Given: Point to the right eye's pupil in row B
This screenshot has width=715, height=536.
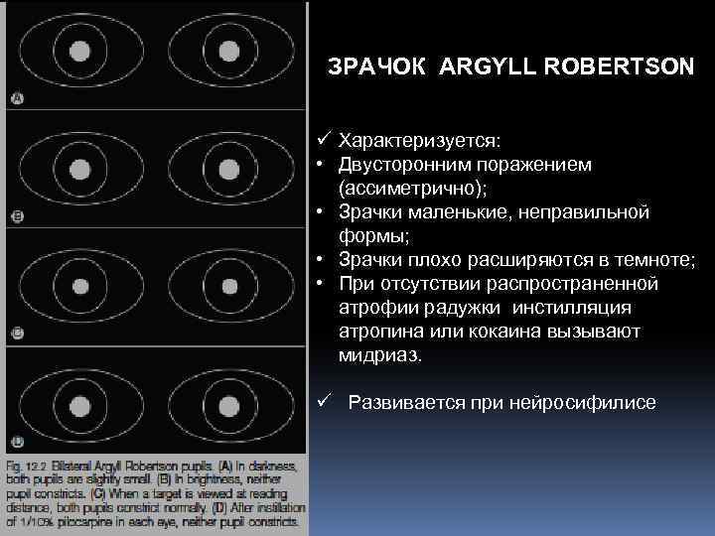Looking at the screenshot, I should (229, 166).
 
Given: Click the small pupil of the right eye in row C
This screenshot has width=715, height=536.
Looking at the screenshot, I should (229, 285).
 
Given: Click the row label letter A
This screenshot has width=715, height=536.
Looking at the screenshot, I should (16, 97).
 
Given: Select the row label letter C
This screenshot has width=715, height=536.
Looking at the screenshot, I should (16, 332).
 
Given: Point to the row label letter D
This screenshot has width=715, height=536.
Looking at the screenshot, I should (16, 442).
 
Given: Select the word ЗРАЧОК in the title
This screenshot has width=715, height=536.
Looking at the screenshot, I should (378, 67).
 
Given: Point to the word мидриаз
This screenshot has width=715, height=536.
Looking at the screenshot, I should (380, 355).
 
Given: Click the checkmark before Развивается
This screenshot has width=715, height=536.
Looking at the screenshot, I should (324, 401).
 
